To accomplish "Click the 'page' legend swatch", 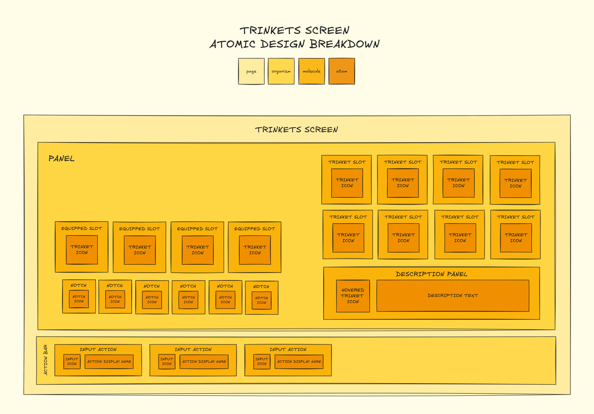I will [x=251, y=71].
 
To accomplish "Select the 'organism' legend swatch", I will [x=281, y=71].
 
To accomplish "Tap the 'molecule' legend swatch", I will [x=311, y=71].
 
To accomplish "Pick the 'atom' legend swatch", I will [x=342, y=71].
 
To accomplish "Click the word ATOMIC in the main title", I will [x=232, y=44].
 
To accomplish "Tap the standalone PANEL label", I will [x=61, y=158].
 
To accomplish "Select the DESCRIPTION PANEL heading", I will [x=432, y=274].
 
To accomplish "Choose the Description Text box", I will [x=453, y=295].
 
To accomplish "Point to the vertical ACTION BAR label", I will [x=46, y=360].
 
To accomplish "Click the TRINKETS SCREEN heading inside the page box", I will [x=297, y=130].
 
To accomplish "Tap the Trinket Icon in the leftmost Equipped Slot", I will [x=82, y=250].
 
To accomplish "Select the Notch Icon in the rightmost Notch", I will [x=261, y=300].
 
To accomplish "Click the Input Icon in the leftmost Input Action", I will [x=72, y=362].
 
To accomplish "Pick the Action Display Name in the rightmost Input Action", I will [x=299, y=362].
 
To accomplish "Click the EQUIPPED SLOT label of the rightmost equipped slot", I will [x=255, y=229].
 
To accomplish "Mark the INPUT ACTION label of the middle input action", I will [x=193, y=349].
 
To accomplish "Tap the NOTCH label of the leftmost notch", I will [x=78, y=285].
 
